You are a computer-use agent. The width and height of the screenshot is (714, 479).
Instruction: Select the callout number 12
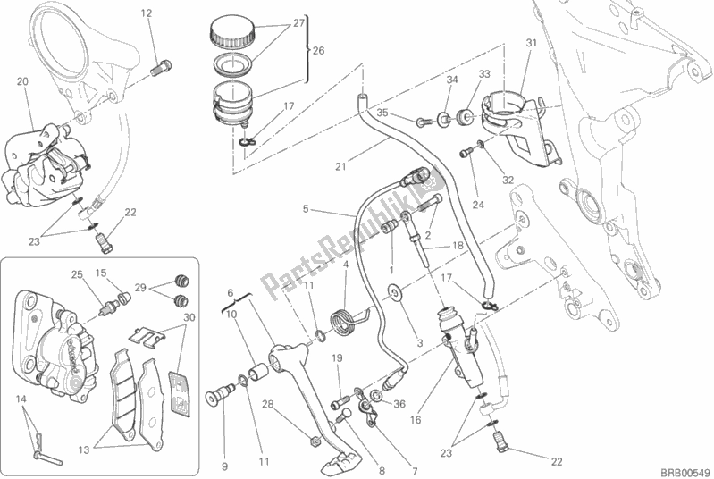tap(147, 13)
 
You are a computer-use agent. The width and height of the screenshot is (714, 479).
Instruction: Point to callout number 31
tap(530, 43)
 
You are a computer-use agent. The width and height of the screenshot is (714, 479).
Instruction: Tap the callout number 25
tap(77, 273)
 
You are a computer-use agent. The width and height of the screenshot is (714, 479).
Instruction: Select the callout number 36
tap(399, 403)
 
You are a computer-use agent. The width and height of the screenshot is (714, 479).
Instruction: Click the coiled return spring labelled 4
tap(339, 315)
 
